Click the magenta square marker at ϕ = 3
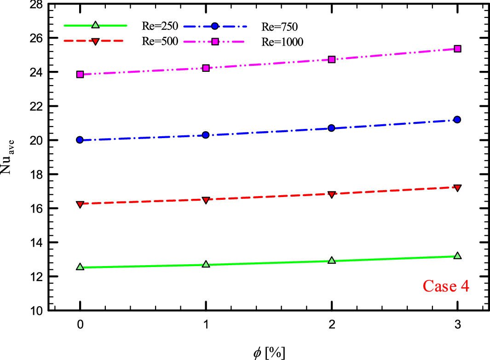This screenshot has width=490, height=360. (457, 49)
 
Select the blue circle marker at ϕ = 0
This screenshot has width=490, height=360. (80, 140)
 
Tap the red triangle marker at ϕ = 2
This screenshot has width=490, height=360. (331, 194)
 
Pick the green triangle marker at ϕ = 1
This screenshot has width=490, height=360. (206, 264)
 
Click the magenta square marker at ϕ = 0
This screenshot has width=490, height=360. (80, 74)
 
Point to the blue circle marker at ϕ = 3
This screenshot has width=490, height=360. (457, 120)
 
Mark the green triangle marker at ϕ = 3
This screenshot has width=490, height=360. (457, 255)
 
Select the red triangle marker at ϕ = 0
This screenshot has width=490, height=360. (80, 204)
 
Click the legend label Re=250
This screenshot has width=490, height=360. (158, 25)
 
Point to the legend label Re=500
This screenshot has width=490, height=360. (158, 41)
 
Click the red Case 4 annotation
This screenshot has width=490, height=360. (446, 286)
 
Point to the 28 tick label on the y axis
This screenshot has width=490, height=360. (37, 4)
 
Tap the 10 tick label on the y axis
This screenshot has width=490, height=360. (37, 311)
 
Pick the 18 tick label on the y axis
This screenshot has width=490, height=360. (37, 174)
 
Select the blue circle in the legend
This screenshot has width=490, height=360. (214, 25)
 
